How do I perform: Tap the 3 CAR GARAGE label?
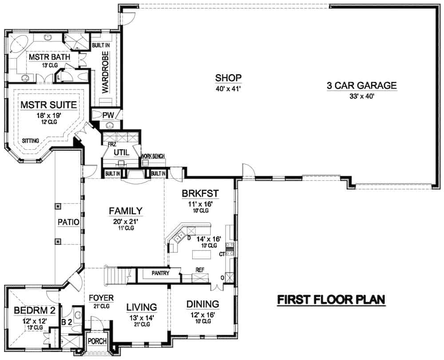coord(361,86)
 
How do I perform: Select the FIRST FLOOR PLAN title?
coord(331,300)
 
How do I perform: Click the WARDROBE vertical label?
coord(105,72)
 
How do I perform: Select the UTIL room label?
coord(121,152)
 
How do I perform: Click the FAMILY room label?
coord(126,211)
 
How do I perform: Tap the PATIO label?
coord(68,221)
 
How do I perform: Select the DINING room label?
coord(202,304)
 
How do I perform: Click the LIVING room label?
coord(141,307)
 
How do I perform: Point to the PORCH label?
coord(96,341)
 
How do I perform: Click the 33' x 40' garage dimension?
coord(361,96)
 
